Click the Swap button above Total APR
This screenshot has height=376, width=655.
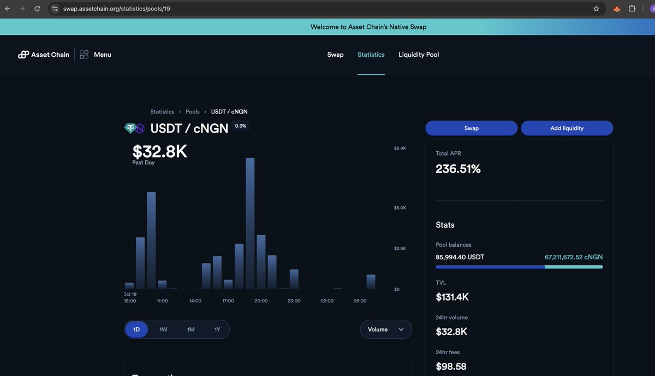tap(471, 128)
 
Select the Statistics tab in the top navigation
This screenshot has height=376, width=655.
tap(371, 55)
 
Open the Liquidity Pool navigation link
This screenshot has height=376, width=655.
tap(419, 55)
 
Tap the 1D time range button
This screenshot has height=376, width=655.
tap(136, 330)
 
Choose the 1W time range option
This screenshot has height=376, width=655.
tap(163, 330)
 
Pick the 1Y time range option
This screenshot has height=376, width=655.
tap(217, 330)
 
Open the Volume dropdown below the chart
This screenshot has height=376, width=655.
tap(385, 330)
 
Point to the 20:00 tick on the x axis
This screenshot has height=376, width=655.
tap(261, 301)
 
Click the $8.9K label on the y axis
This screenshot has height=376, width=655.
tap(400, 148)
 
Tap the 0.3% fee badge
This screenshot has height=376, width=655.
tap(240, 126)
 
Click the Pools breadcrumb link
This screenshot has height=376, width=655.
tap(193, 112)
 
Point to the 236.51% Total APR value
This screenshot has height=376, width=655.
tap(458, 169)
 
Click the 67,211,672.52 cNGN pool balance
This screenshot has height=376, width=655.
tap(574, 257)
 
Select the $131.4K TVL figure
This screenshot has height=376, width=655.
tap(452, 297)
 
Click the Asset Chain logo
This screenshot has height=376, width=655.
tap(44, 55)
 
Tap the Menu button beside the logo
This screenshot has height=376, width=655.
tap(96, 55)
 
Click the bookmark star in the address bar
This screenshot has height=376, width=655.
tap(596, 9)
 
